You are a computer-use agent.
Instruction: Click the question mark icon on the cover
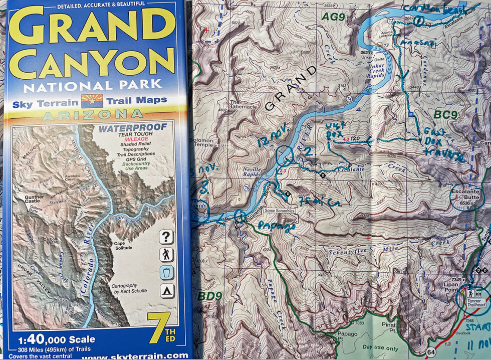click(166, 237)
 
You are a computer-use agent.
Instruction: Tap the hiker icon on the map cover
click(166, 255)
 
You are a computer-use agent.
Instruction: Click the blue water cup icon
click(166, 273)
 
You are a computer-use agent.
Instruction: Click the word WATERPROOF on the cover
click(132, 128)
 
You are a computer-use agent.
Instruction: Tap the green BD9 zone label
click(209, 296)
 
